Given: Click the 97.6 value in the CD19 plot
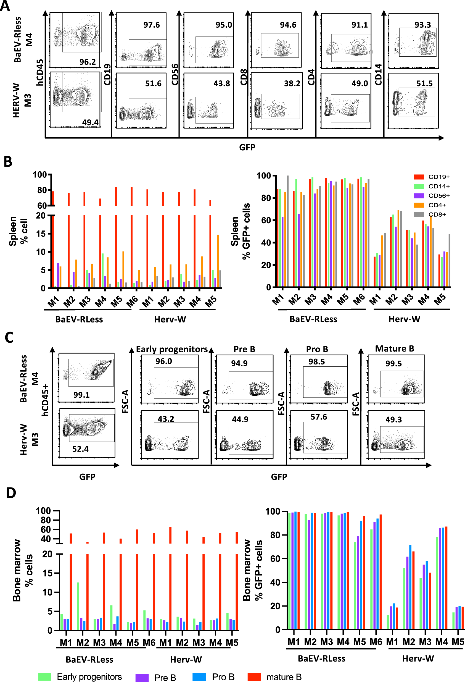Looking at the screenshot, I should point(152,25).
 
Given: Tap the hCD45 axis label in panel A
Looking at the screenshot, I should point(39,72).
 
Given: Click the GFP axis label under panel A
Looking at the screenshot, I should point(247,147).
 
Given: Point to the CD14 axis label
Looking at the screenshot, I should point(378,75).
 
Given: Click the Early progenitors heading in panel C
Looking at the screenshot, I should point(172,349).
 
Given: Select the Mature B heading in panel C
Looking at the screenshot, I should point(394,349).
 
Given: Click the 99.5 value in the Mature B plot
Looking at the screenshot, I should point(393,364).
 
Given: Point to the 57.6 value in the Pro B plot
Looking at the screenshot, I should point(318,417).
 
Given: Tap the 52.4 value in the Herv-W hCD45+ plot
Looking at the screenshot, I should point(80,449).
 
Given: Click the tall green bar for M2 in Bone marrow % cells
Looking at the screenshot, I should point(78,606).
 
